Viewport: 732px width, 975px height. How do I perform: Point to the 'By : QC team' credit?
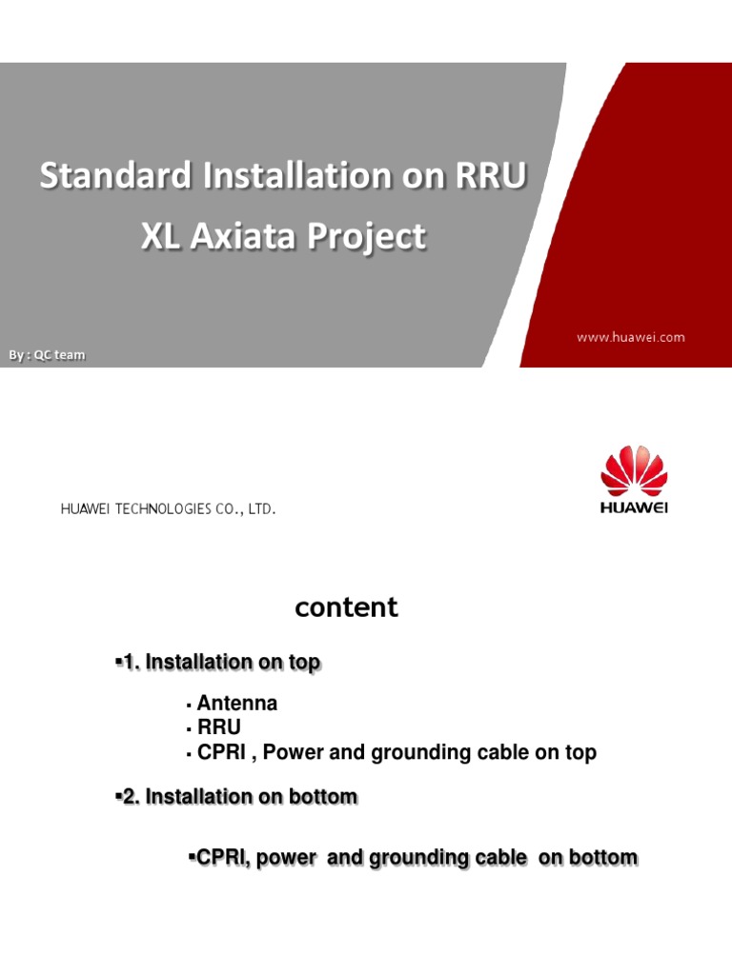tap(47, 355)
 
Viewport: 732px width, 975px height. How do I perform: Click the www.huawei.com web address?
tap(629, 337)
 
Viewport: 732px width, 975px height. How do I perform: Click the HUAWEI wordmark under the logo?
tap(634, 507)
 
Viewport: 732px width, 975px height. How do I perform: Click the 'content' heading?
tap(347, 607)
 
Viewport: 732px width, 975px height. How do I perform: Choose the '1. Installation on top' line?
tap(216, 663)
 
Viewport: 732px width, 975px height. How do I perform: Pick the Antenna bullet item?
tap(237, 704)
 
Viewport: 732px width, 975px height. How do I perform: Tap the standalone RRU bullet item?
tap(218, 728)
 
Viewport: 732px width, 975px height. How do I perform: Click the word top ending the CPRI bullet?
tap(579, 753)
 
